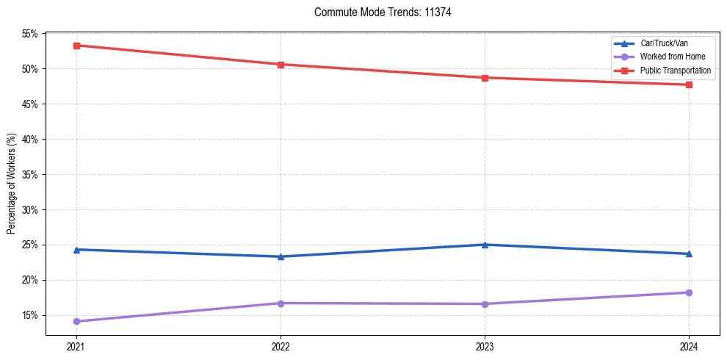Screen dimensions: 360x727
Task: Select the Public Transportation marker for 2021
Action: tap(76, 46)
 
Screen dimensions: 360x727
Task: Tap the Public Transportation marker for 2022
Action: tap(281, 65)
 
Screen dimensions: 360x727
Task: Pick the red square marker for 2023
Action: tap(485, 78)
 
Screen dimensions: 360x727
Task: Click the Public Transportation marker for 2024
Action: tap(689, 84)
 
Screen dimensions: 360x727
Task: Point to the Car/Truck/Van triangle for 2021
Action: tap(76, 250)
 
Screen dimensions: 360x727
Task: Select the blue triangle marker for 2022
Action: tap(281, 256)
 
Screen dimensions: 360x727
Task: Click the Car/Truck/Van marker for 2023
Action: tap(485, 245)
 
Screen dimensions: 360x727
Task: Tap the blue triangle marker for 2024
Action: tap(689, 254)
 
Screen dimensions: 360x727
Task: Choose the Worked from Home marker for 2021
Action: tap(76, 321)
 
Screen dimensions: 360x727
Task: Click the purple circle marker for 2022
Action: tap(281, 303)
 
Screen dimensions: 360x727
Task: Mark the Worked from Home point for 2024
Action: tap(689, 292)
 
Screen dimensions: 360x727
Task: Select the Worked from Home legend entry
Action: tap(670, 57)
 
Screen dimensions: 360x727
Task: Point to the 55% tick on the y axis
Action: tap(29, 34)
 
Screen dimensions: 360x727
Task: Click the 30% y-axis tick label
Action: tap(29, 210)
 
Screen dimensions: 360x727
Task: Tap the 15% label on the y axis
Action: tap(29, 316)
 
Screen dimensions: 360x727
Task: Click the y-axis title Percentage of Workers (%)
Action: tap(12, 184)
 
